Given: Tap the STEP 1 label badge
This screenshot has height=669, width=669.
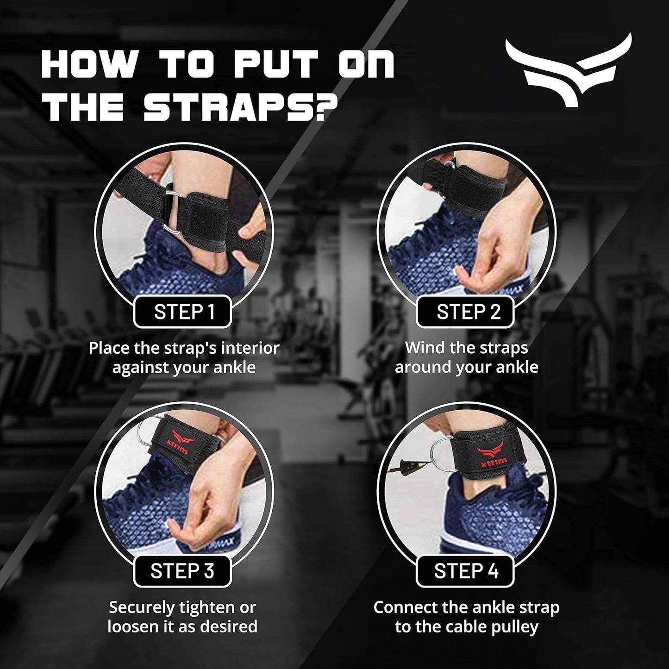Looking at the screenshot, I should (x=184, y=312).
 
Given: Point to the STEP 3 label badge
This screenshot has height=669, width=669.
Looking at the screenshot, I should (x=182, y=571).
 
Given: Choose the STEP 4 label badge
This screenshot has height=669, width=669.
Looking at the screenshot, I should (x=466, y=571).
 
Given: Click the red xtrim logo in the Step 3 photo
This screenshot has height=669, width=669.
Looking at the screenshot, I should (x=179, y=440).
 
